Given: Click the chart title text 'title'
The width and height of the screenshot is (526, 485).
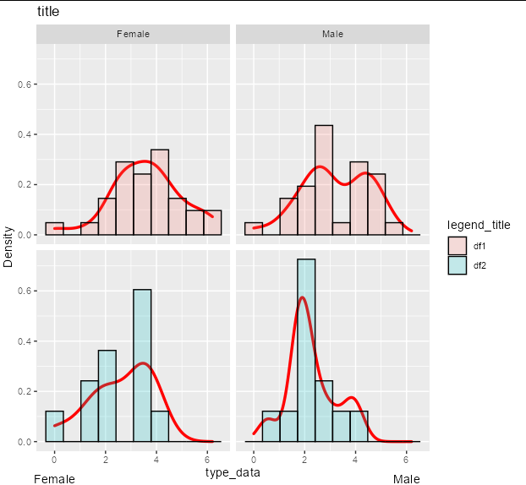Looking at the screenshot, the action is (x=48, y=11).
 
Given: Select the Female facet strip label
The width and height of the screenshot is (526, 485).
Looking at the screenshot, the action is (x=133, y=34).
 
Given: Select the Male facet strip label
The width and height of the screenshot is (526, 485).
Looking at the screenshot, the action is (x=333, y=34).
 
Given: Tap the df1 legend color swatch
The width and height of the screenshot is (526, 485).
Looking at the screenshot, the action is (x=458, y=246).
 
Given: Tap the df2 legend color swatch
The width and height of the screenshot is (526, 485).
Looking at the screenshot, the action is (x=458, y=265).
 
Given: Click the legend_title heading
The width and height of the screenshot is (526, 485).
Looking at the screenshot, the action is (x=479, y=225).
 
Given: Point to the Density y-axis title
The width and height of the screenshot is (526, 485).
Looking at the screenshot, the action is (x=8, y=247).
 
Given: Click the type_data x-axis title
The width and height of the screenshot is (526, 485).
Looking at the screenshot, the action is (x=233, y=472).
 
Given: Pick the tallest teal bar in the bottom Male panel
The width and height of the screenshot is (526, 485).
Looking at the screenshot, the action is (x=306, y=351).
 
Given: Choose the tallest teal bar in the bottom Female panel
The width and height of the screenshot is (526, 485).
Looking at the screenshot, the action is (x=142, y=366).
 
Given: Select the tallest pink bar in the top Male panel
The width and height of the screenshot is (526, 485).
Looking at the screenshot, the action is (x=324, y=180).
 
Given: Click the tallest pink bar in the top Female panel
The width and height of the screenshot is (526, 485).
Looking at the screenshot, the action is (x=160, y=192).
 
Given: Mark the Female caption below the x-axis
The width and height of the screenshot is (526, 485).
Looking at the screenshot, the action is (x=54, y=479).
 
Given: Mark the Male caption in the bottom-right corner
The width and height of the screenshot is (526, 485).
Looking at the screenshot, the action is (x=406, y=479).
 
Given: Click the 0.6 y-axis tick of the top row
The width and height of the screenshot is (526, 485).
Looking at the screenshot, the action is (x=25, y=84).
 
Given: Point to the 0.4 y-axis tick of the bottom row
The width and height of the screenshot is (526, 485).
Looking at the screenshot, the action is (x=25, y=341).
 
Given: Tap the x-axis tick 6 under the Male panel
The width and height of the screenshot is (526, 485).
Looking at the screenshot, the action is (x=406, y=459).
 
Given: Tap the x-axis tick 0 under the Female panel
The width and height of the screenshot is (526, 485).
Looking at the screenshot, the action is (x=54, y=459).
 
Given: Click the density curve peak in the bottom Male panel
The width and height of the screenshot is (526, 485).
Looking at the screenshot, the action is (x=302, y=297).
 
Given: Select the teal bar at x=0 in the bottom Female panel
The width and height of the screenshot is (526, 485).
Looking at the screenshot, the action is (x=54, y=427).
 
